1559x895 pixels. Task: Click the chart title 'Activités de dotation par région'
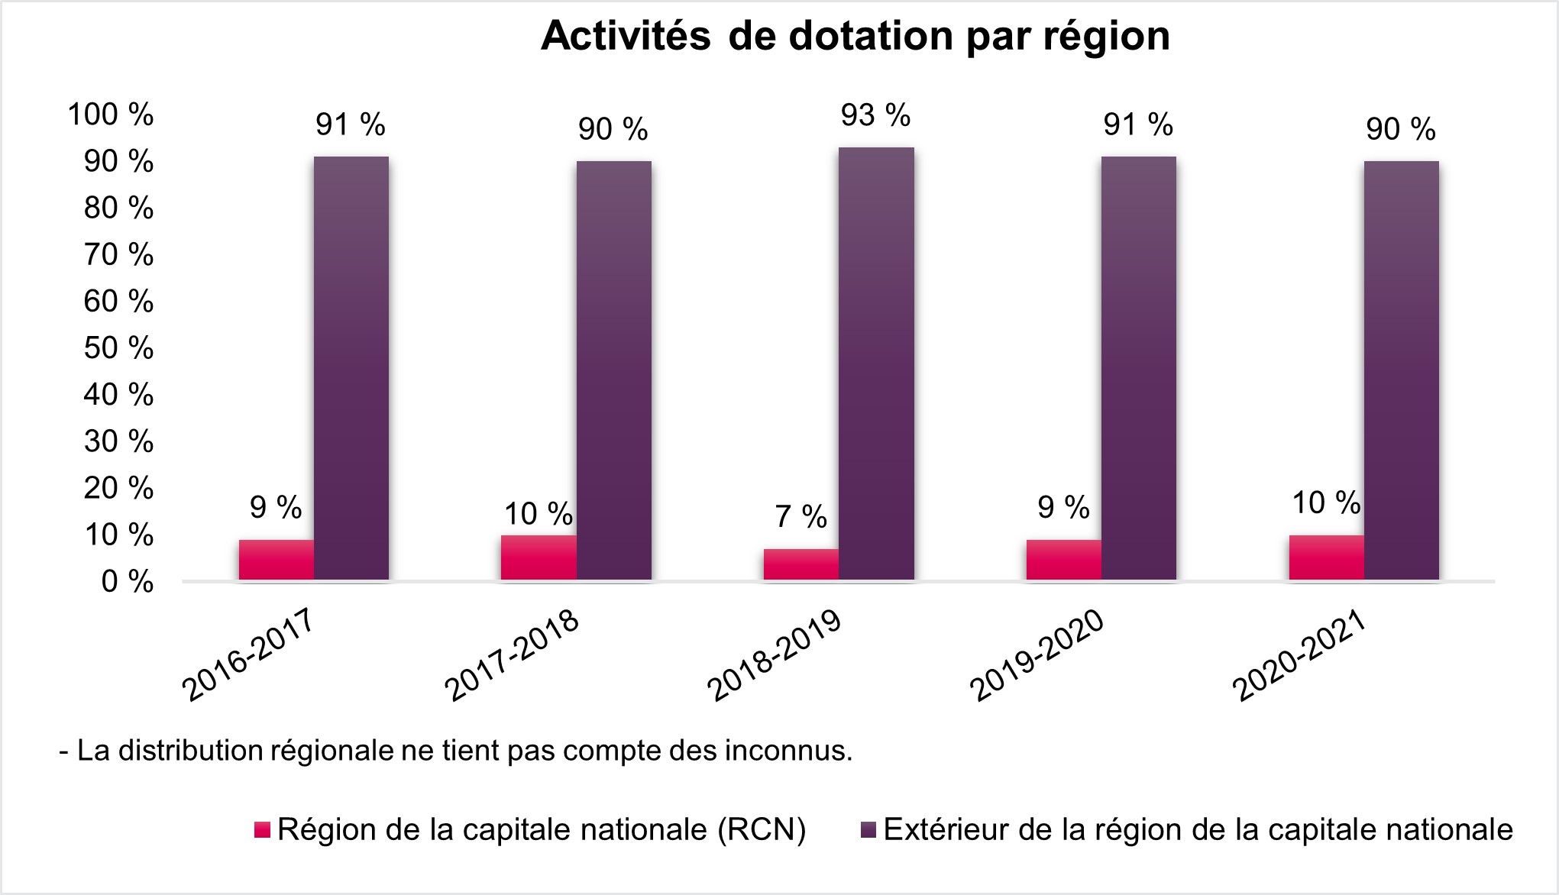(855, 36)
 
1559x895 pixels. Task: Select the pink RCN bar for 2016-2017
(276, 560)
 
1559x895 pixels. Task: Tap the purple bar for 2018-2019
(876, 363)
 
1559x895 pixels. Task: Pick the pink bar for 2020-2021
(1326, 557)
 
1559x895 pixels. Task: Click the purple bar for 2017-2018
(613, 370)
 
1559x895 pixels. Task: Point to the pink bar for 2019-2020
(1063, 560)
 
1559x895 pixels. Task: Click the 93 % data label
(875, 116)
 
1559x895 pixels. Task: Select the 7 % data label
(801, 517)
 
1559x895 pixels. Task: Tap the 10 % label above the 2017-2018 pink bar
(538, 514)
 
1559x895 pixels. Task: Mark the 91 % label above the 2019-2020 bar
(1137, 124)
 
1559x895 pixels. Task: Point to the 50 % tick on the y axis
(118, 348)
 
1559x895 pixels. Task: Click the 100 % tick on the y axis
(111, 115)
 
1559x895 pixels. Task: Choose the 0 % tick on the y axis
(127, 582)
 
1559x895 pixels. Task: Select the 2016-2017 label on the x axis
(248, 656)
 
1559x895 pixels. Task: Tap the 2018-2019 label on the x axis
(775, 656)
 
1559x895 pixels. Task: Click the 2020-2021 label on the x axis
(1299, 656)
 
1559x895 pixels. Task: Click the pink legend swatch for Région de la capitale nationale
(262, 830)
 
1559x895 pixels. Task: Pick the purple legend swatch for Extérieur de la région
(868, 830)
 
